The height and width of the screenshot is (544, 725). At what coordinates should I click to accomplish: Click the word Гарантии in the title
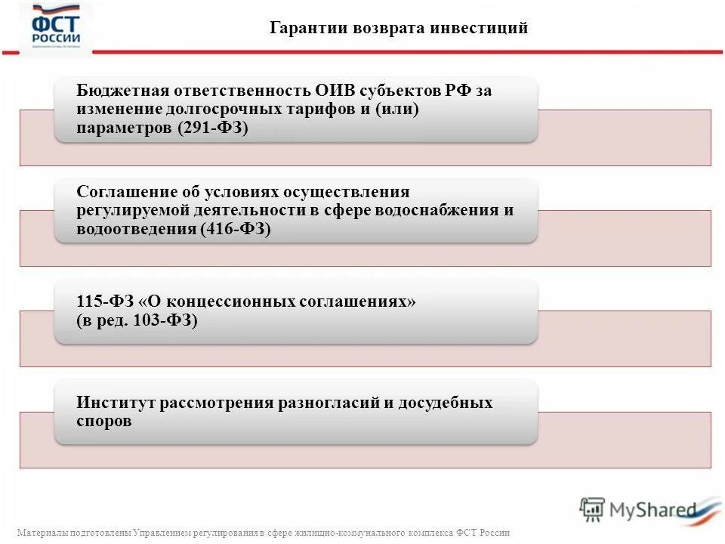coord(302,29)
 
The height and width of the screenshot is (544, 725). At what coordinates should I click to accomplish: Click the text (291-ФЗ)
coord(214,128)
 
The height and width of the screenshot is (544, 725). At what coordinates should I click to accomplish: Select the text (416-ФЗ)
coord(236,230)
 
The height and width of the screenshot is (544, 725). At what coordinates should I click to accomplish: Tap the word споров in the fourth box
coord(104,421)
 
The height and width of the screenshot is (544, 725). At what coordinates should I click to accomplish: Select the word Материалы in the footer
coord(41,533)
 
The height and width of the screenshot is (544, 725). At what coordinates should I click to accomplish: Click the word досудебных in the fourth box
coord(446,402)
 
